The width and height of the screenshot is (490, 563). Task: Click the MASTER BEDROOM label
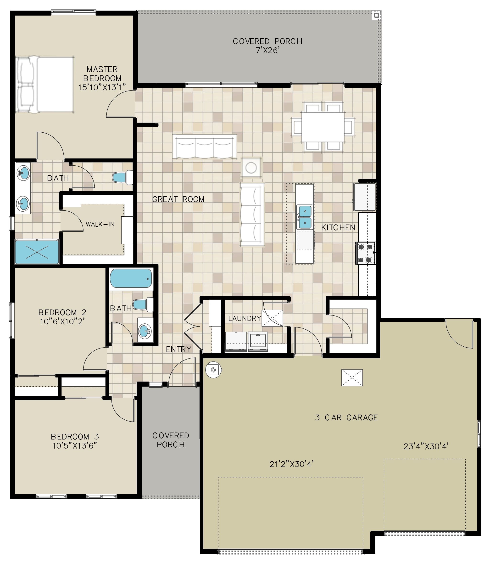click(102, 78)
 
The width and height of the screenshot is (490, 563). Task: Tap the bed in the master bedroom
click(45, 84)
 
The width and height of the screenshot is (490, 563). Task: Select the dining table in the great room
click(323, 127)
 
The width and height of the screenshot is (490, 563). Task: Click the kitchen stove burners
click(365, 253)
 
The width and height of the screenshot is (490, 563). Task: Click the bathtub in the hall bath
click(131, 278)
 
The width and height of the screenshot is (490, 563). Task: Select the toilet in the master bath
click(122, 177)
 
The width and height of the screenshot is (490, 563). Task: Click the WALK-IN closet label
click(100, 224)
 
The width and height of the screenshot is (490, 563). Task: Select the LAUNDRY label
click(245, 318)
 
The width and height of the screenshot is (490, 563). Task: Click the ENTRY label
click(178, 349)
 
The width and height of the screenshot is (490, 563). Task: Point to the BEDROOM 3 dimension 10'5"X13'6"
click(75, 446)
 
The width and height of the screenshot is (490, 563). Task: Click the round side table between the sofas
click(251, 167)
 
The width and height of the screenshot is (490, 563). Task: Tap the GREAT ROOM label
click(178, 199)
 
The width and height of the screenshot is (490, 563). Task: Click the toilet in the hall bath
click(143, 304)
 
